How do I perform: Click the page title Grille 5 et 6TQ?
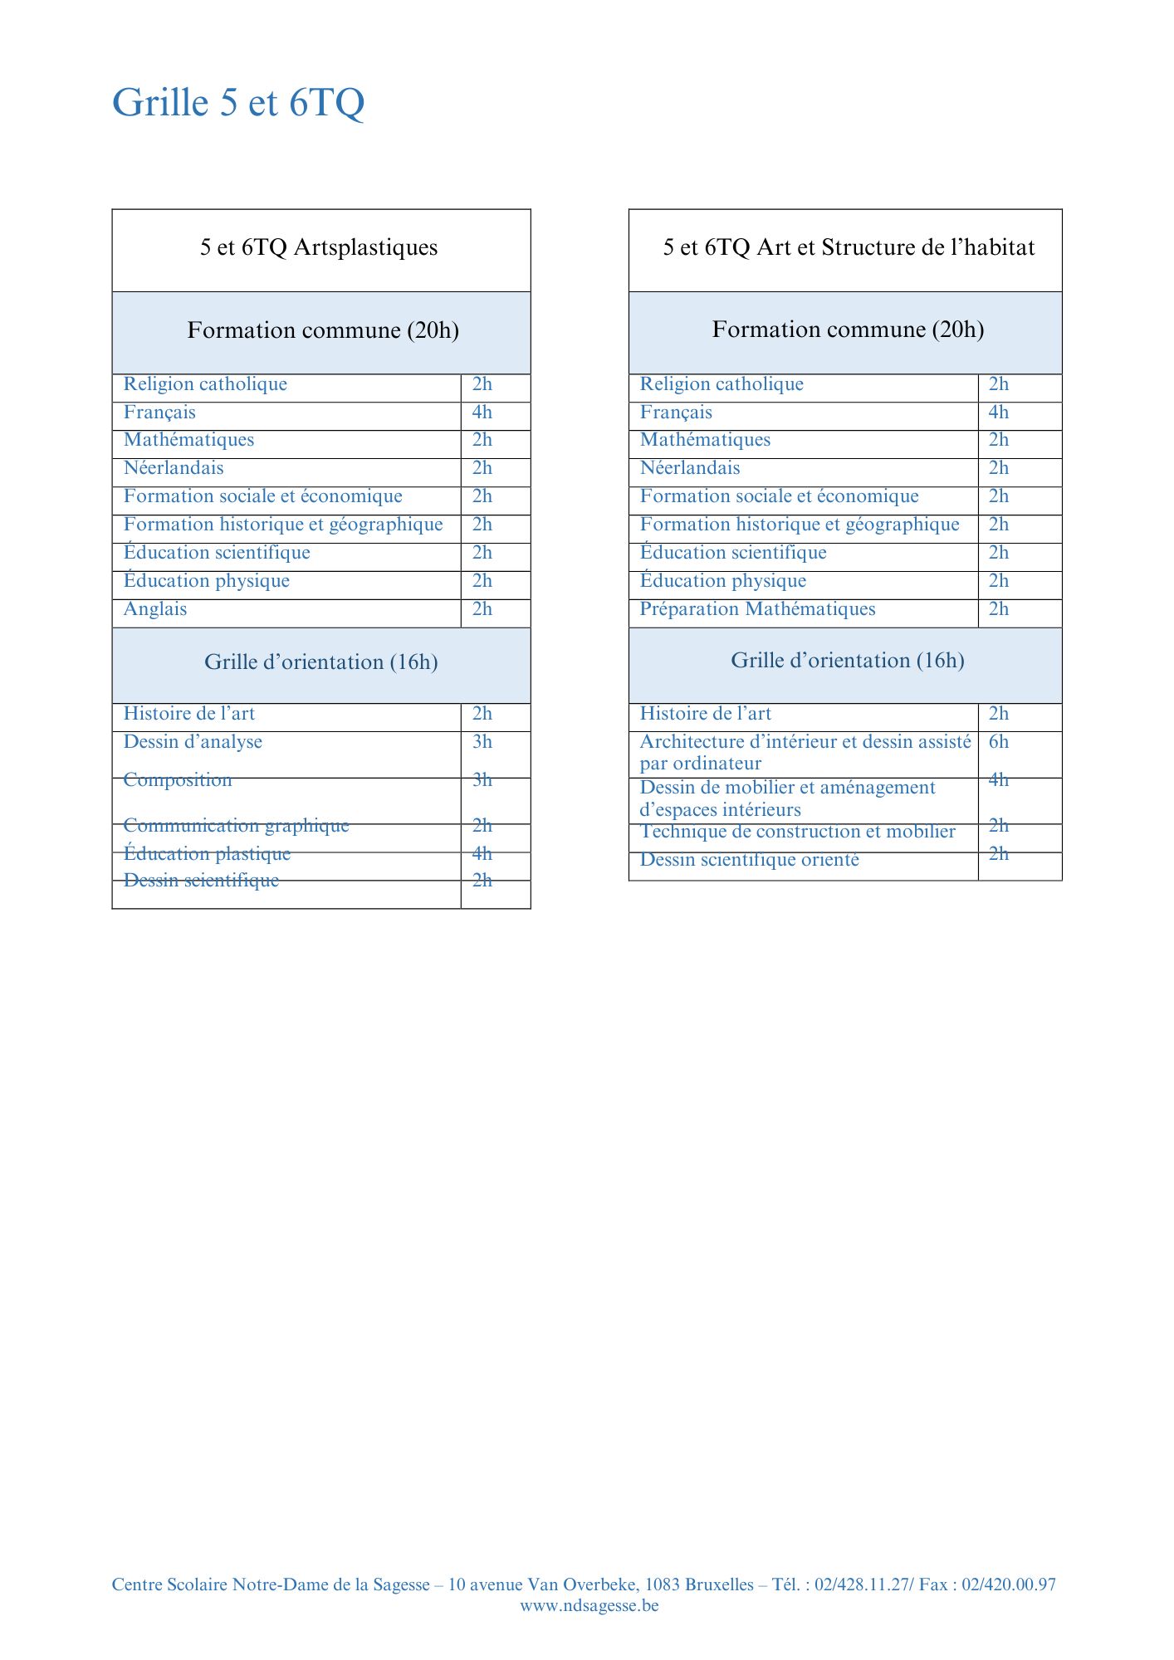238,103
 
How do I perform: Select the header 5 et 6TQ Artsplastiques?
319,247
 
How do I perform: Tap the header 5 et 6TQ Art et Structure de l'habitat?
849,247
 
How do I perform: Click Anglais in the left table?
155,609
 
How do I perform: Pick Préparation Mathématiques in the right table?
757,609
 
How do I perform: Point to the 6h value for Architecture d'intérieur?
999,742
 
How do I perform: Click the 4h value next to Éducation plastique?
482,853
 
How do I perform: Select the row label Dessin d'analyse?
193,742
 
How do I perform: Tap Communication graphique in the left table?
236,825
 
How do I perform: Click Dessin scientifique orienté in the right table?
749,860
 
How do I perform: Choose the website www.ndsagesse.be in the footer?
589,1605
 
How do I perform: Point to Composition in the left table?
178,779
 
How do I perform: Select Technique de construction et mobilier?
797,832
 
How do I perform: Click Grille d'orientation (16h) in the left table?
321,662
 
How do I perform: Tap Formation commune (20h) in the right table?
848,330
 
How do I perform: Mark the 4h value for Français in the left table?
482,413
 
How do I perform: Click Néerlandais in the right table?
690,468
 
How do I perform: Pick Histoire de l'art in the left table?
189,714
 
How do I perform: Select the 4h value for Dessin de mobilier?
999,779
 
